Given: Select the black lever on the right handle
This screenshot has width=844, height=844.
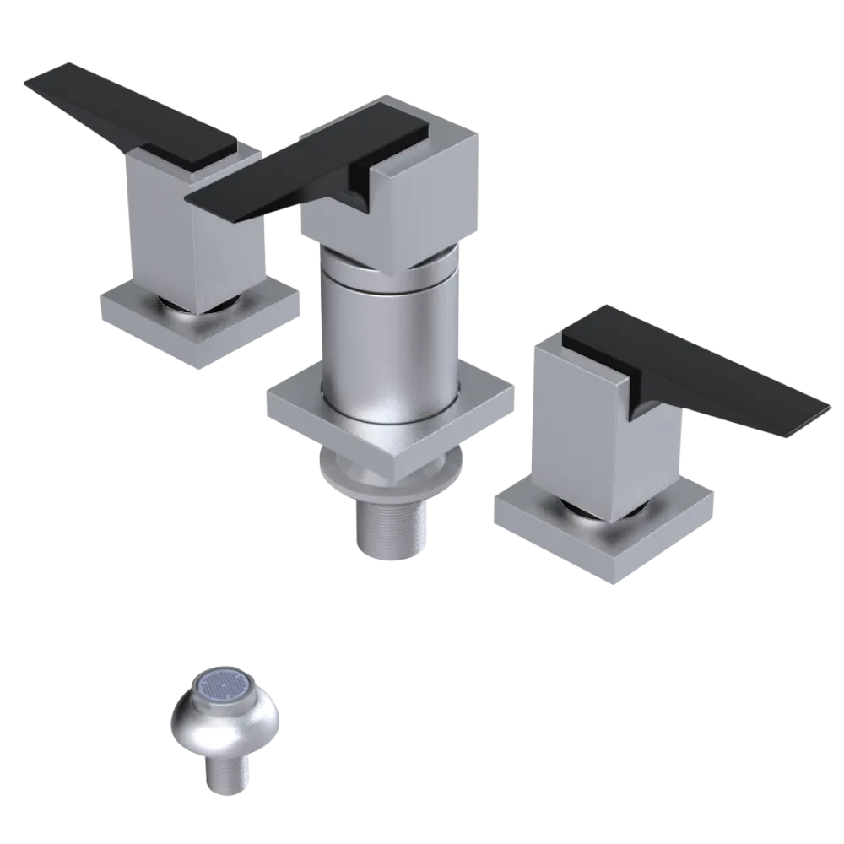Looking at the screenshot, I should [692, 363].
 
